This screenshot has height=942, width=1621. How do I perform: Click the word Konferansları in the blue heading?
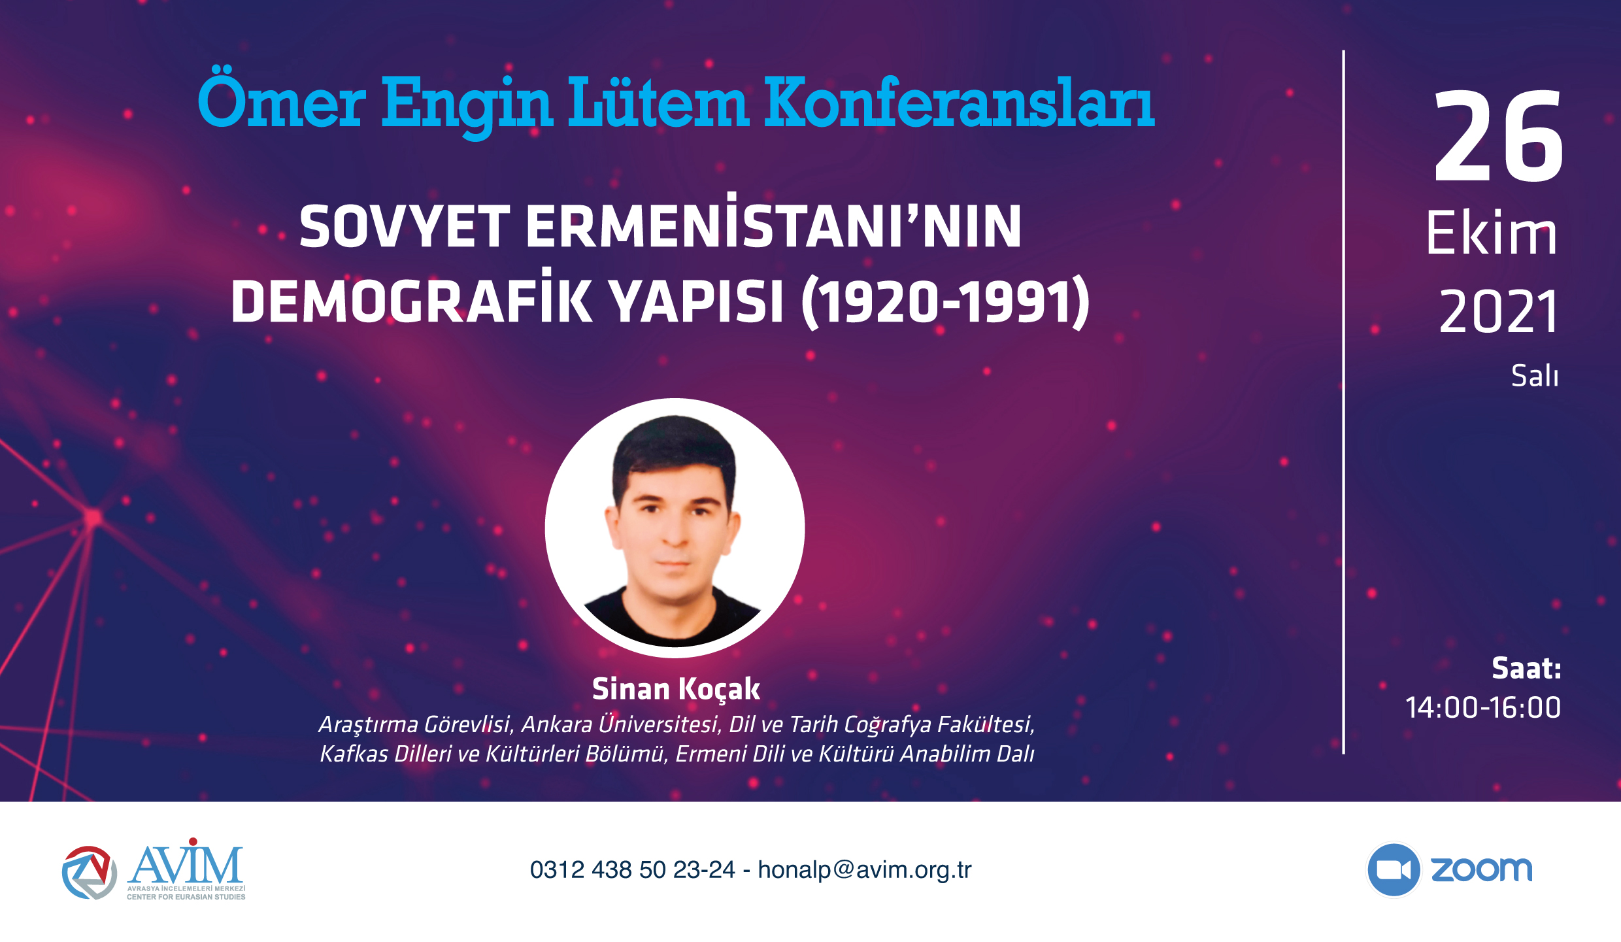click(959, 103)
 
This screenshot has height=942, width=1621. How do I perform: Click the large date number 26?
click(1497, 137)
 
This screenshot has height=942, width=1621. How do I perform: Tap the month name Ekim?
click(1491, 233)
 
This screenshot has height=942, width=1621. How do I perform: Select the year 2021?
click(1498, 312)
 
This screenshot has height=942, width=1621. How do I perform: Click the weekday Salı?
click(1535, 375)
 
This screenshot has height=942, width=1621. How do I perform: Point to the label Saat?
click(1526, 669)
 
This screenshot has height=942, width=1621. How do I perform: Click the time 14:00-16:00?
click(1483, 707)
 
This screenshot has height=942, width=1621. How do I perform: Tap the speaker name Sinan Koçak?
click(676, 689)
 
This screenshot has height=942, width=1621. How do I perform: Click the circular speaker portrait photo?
click(675, 528)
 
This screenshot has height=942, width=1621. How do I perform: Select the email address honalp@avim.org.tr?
click(865, 870)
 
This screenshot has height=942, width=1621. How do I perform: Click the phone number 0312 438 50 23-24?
click(633, 870)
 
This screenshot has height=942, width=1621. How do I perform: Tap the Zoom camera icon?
click(1394, 869)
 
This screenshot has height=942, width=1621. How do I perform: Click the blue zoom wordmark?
click(1482, 869)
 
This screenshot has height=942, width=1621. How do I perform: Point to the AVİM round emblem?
click(90, 872)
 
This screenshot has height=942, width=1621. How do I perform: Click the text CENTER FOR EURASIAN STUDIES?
click(186, 897)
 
